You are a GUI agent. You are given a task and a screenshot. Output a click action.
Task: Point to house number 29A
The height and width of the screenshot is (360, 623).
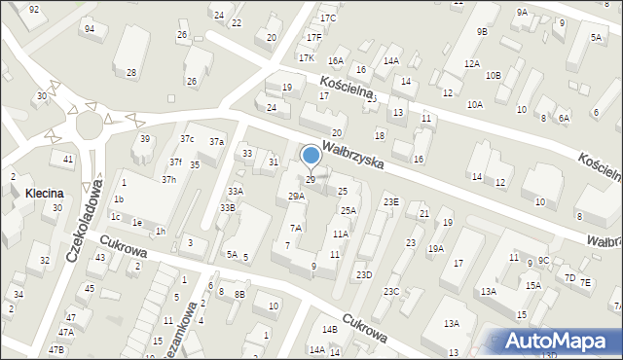point(296,197)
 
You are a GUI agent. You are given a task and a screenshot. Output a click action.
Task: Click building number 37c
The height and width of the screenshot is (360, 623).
point(186,139)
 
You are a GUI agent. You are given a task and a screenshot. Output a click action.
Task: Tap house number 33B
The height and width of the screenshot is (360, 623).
point(227,208)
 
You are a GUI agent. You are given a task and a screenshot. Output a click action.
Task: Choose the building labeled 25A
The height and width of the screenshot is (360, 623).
point(348,210)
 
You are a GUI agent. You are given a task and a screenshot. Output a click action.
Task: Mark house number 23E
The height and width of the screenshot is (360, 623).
point(390,201)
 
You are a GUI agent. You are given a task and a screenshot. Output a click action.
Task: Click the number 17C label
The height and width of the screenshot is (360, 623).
point(328,18)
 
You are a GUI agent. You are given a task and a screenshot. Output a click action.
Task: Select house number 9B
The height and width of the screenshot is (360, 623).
point(482,32)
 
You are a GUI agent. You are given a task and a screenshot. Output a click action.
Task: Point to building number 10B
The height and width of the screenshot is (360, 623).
point(494,75)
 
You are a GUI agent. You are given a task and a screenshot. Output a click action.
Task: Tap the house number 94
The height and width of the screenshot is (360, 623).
point(90,29)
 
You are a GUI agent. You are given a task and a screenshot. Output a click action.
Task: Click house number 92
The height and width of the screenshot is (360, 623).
point(34,9)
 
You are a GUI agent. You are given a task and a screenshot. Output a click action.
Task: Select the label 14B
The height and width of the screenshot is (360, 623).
point(329,330)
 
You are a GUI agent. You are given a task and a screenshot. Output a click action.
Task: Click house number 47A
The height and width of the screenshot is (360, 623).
point(68,318)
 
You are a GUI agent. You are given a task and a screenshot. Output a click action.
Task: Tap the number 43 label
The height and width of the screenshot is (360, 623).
point(100,257)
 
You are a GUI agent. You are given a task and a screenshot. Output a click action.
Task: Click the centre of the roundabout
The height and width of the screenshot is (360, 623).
point(89,124)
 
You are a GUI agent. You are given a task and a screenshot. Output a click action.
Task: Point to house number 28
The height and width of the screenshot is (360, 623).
point(131,73)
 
